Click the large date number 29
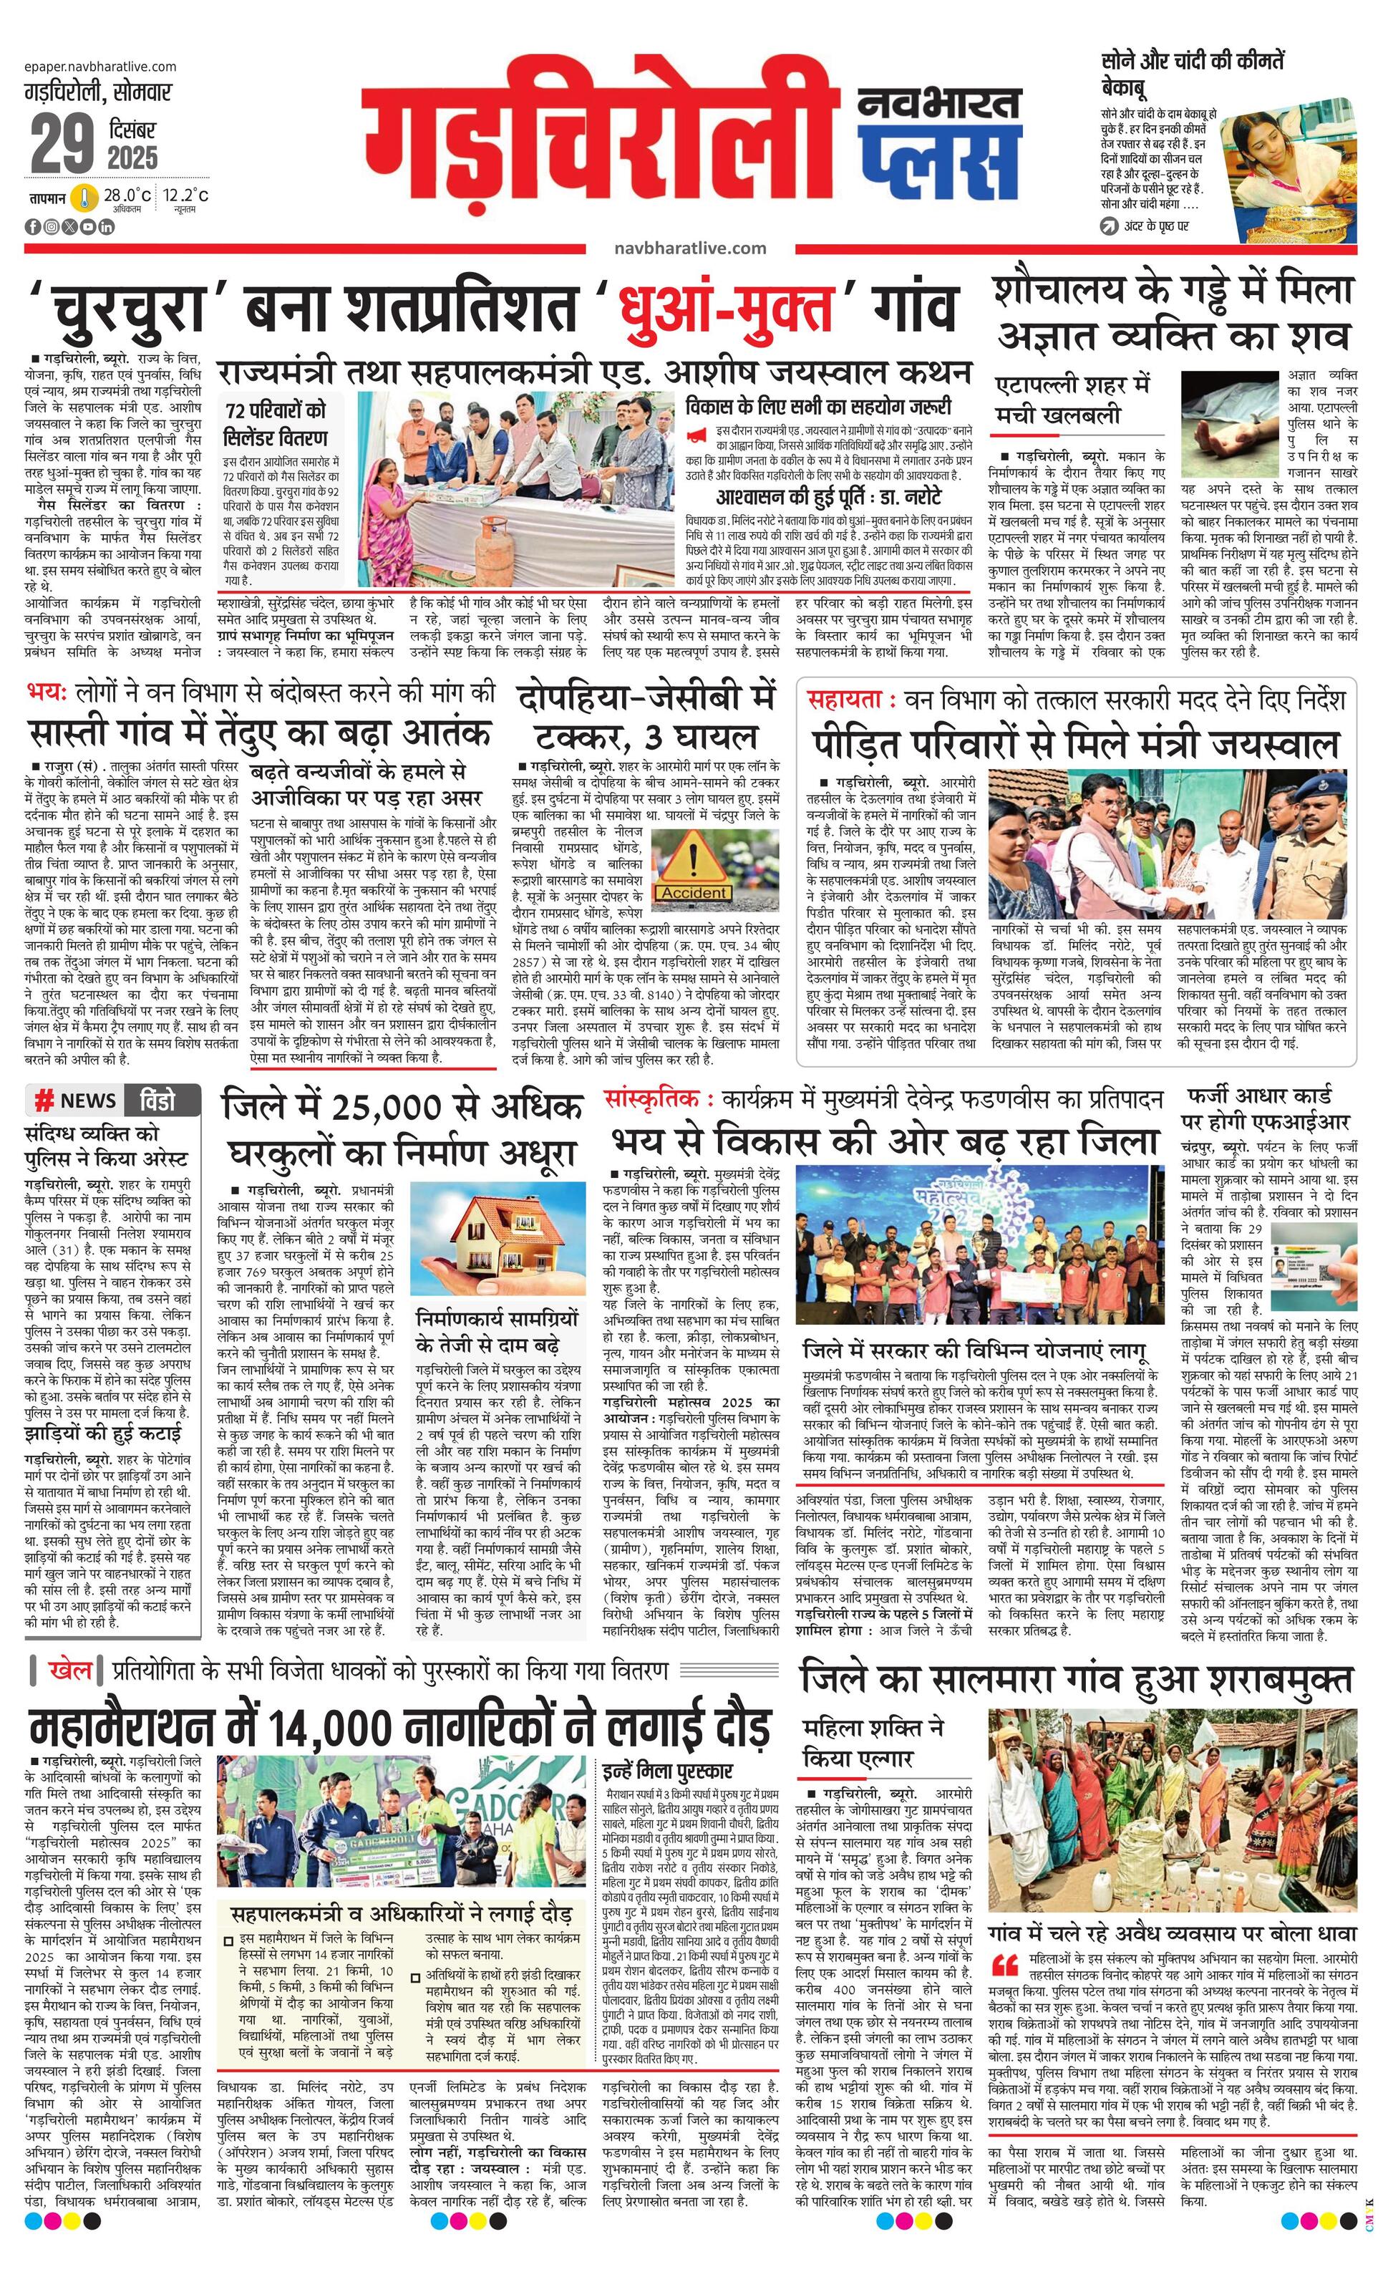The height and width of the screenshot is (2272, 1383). (x=62, y=144)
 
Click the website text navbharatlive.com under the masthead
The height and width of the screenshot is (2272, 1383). (x=689, y=248)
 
